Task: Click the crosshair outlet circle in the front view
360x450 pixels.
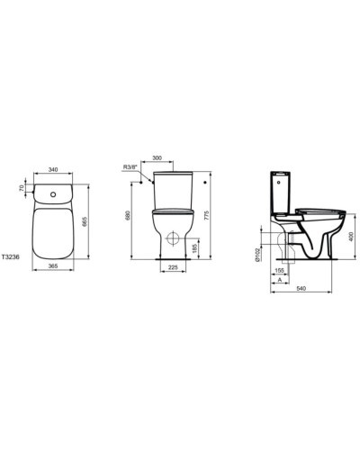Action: tap(172, 241)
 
